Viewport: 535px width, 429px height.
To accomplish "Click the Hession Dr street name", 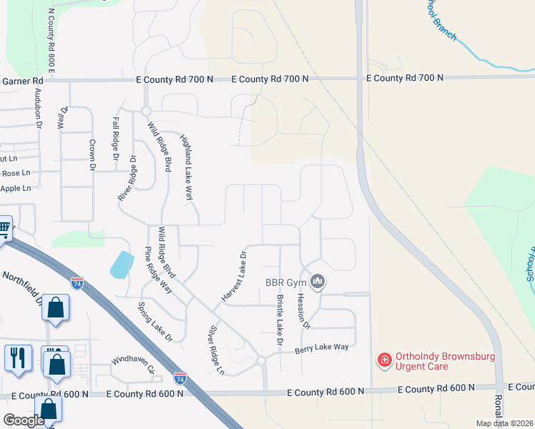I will (303, 311).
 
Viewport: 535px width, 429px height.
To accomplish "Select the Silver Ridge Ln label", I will (216, 350).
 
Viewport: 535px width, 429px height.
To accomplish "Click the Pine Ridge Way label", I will (159, 270).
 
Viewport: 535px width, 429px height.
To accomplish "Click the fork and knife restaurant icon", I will (18, 355).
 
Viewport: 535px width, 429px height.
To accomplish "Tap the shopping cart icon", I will (4, 229).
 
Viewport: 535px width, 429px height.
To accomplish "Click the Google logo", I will (24, 420).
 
